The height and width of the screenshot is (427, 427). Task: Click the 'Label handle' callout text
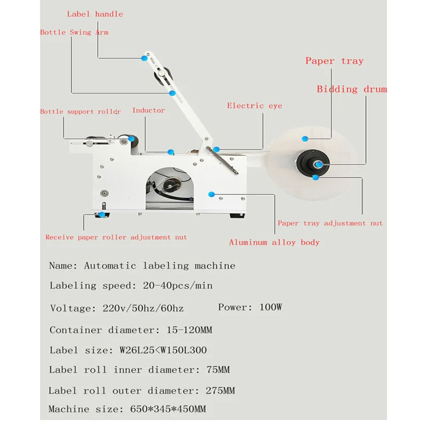tap(95, 14)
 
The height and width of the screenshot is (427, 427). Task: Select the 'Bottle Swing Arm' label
tap(74, 32)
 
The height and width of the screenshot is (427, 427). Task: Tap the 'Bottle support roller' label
tap(80, 112)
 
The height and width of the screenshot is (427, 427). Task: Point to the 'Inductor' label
tap(148, 110)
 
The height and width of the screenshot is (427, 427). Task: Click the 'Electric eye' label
tap(255, 106)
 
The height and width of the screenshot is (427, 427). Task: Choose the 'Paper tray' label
tap(334, 61)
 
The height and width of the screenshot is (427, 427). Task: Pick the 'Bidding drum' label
tap(352, 89)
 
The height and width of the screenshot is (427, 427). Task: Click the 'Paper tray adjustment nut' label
tap(330, 223)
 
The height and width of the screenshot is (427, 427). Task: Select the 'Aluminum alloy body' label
tap(274, 242)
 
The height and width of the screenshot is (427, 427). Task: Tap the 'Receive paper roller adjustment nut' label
tap(116, 237)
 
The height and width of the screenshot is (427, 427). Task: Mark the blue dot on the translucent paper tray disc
tap(305, 139)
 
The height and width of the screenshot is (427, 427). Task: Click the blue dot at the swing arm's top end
tap(144, 58)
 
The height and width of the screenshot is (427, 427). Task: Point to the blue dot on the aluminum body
tap(212, 193)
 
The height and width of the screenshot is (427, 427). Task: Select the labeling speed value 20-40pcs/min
tap(178, 286)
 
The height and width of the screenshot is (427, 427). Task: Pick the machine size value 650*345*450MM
tap(168, 409)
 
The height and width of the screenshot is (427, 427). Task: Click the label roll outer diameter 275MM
tap(220, 391)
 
